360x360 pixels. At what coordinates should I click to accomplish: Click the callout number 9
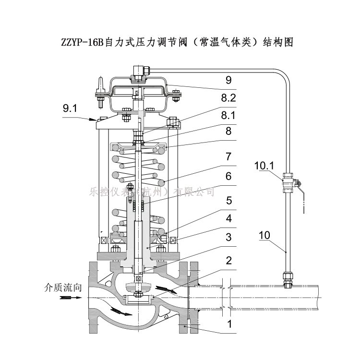pyautogui.click(x=228, y=79)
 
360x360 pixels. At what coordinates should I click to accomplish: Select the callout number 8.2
pyautogui.click(x=228, y=99)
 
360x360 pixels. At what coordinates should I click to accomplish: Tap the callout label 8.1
pyautogui.click(x=228, y=115)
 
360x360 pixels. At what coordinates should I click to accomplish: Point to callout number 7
pyautogui.click(x=228, y=156)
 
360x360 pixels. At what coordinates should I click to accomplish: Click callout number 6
pyautogui.click(x=228, y=176)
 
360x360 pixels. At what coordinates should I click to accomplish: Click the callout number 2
pyautogui.click(x=228, y=260)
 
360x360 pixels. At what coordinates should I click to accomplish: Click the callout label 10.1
pyautogui.click(x=264, y=166)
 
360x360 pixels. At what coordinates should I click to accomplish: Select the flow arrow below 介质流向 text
pyautogui.click(x=70, y=298)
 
